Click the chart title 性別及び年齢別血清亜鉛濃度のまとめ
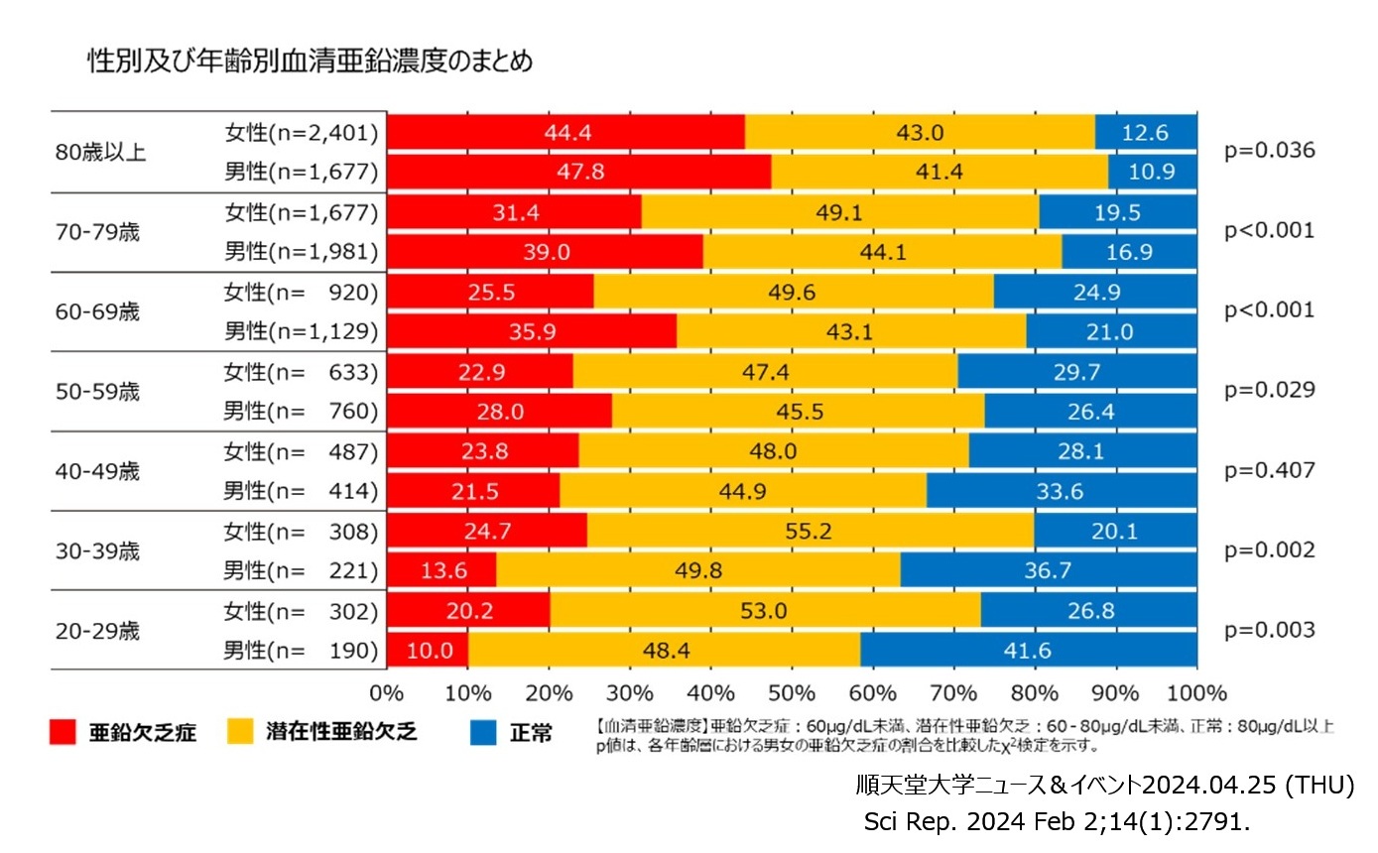point(311,62)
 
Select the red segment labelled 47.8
point(578,172)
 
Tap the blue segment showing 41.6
point(1029,651)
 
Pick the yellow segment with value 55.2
point(810,531)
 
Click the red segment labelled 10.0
point(427,651)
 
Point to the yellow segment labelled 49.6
point(794,292)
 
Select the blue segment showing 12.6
point(1147,132)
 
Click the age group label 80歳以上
point(100,153)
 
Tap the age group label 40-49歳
point(98,471)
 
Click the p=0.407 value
point(1270,470)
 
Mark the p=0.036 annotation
point(1270,151)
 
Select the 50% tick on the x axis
point(792,691)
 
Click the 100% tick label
point(1196,691)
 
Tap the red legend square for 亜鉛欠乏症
point(63,733)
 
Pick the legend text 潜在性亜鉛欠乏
point(341,733)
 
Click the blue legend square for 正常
point(482,733)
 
